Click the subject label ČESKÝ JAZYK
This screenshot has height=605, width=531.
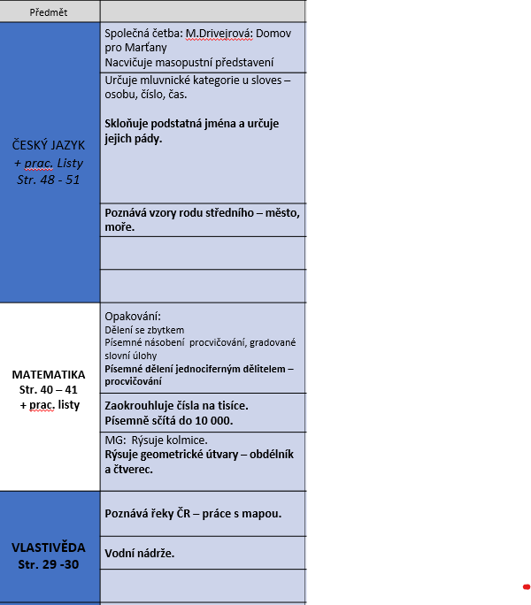[x=49, y=145]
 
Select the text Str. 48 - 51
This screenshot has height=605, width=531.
[x=49, y=180]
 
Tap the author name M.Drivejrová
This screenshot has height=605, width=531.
[x=220, y=33]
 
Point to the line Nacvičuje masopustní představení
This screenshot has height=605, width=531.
[x=189, y=62]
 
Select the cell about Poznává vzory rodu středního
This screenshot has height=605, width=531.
[x=203, y=219]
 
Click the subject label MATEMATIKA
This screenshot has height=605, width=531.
[x=49, y=374]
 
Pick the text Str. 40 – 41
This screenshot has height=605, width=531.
[x=49, y=389]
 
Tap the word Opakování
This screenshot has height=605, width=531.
[x=133, y=317]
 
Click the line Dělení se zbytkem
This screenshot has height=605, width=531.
[x=144, y=330]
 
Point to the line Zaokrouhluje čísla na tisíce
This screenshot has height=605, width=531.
[x=176, y=405]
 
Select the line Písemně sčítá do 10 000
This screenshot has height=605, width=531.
[x=169, y=420]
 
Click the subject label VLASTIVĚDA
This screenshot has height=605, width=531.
[x=49, y=547]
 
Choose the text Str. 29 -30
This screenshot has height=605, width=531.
[x=49, y=564]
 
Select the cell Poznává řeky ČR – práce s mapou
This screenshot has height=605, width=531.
[x=193, y=514]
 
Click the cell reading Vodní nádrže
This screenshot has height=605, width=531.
[x=140, y=553]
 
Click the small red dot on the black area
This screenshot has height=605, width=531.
[x=526, y=586]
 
